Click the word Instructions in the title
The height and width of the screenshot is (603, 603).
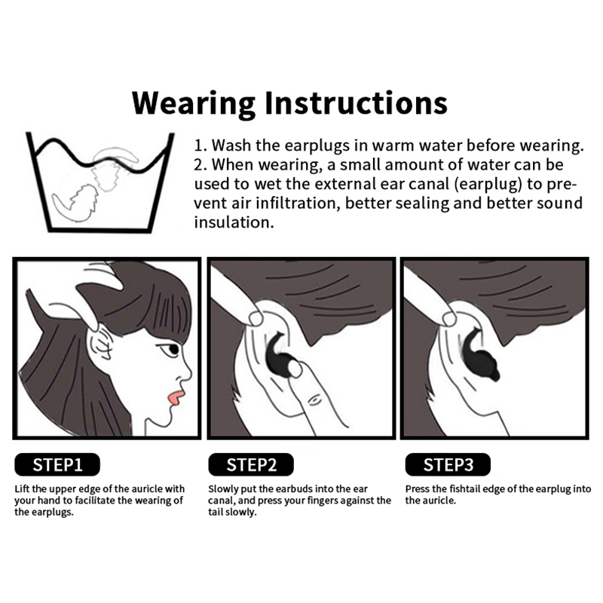point(357,103)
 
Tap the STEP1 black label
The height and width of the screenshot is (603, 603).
point(57,464)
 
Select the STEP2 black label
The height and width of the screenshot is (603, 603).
point(251,464)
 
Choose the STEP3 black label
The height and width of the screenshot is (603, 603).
point(448,464)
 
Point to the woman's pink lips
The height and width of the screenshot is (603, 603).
point(176,398)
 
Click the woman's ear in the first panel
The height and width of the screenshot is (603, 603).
point(101,341)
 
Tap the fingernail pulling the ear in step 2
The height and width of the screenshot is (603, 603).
point(256,317)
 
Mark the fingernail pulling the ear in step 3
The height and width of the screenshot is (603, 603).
point(449,317)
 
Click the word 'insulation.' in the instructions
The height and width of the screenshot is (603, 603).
point(234,222)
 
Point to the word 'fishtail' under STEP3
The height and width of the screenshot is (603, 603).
point(465,488)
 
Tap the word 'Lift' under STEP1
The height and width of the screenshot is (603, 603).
point(22,488)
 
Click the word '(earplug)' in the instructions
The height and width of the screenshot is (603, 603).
point(488,184)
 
